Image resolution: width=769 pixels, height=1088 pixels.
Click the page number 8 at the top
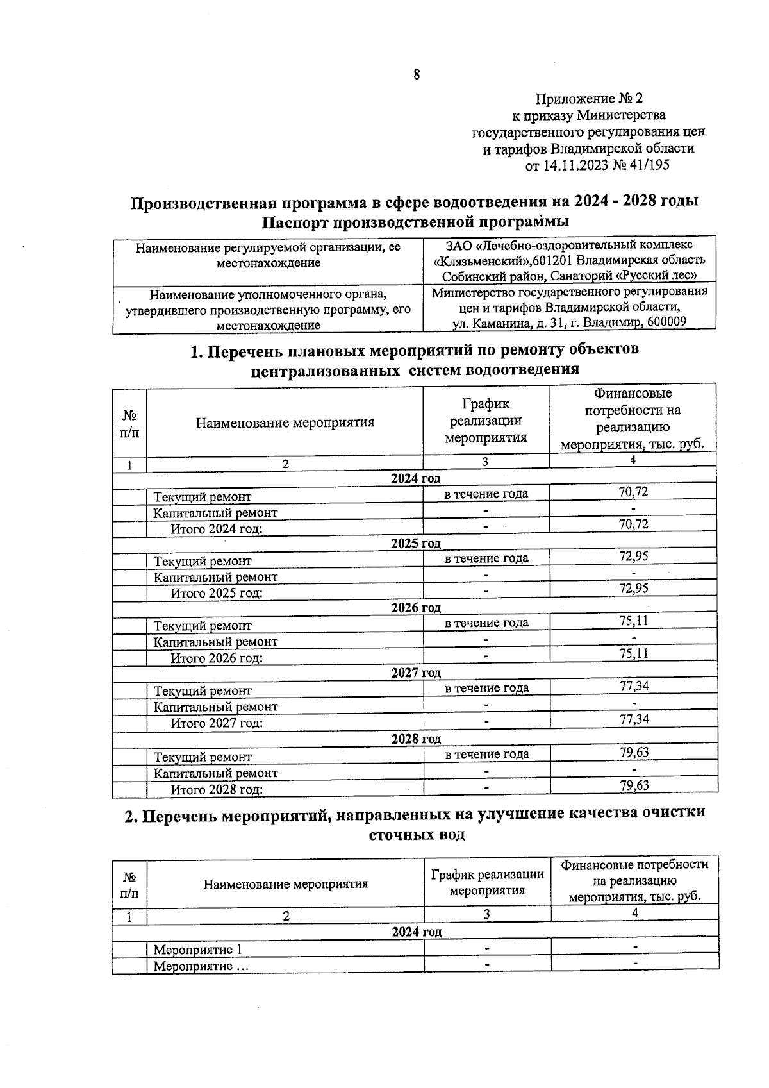[x=417, y=75]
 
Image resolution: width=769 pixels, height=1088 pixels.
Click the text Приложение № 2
[x=588, y=99]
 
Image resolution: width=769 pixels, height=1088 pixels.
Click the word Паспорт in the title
[x=297, y=222]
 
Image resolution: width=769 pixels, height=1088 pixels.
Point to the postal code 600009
[x=666, y=322]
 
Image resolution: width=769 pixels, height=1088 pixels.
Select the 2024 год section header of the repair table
[x=415, y=478]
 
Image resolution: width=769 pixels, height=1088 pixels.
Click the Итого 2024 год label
[x=216, y=529]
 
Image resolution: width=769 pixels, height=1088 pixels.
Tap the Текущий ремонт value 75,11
[x=633, y=621]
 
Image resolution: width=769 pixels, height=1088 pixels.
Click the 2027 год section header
[x=415, y=673]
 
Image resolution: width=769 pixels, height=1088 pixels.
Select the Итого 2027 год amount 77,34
[x=633, y=719]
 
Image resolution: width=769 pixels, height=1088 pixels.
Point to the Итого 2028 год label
[x=216, y=790]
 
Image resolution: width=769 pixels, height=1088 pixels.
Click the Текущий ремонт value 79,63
[x=633, y=752]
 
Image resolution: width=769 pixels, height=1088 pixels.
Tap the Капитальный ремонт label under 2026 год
[x=215, y=642]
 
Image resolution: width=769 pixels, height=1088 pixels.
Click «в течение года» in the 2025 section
[x=486, y=558]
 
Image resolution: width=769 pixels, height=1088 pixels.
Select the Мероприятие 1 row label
[x=197, y=950]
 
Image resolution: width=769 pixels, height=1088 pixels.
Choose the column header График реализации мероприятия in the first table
[x=486, y=421]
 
